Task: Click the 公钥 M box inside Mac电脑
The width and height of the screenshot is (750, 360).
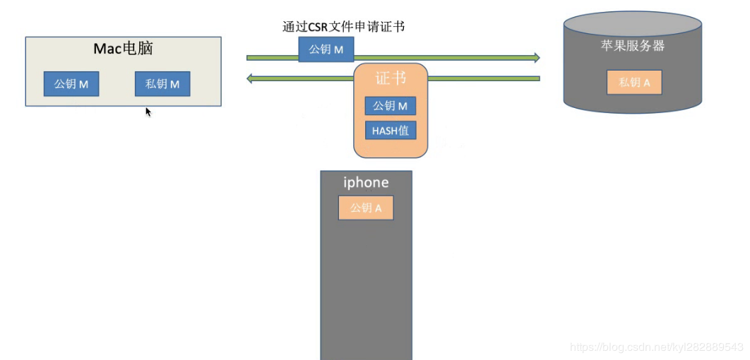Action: click(71, 84)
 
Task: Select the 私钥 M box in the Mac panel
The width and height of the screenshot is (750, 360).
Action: click(162, 84)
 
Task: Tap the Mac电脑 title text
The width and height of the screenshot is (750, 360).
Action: click(124, 49)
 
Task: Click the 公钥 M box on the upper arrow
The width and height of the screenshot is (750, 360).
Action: click(326, 49)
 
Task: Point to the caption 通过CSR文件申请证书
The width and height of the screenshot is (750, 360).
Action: click(343, 27)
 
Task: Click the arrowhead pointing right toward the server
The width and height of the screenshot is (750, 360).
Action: click(536, 57)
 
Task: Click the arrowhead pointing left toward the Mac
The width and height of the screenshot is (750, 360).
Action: click(251, 78)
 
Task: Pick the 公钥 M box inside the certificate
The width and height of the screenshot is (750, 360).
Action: click(391, 106)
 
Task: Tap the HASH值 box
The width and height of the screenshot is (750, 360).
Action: click(391, 130)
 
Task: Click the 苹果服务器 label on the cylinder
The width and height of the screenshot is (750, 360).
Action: click(632, 47)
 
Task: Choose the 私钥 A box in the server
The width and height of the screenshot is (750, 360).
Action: click(634, 82)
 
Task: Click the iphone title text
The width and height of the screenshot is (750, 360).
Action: click(366, 182)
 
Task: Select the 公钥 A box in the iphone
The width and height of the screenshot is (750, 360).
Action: click(366, 208)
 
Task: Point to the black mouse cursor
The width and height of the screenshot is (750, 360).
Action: click(148, 111)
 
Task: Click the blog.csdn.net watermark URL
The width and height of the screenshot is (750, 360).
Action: click(656, 347)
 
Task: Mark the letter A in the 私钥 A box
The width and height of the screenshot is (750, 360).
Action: click(646, 82)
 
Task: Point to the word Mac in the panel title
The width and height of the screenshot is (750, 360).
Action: click(108, 49)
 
